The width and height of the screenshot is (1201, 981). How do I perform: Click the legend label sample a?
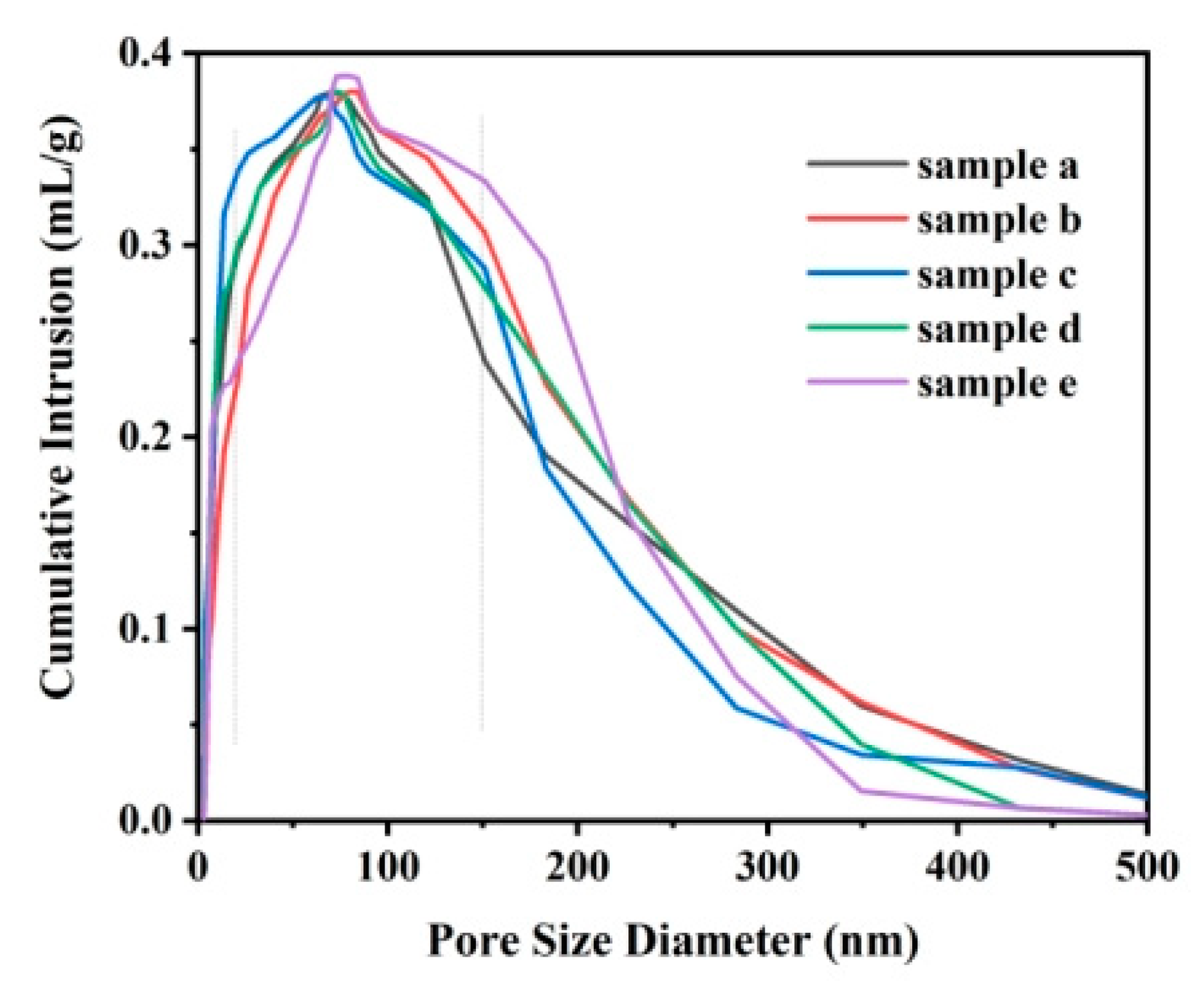997,167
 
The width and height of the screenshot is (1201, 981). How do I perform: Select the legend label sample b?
998,221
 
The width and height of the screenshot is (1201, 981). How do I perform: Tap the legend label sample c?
996,276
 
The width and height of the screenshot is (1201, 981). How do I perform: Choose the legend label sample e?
996,385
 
